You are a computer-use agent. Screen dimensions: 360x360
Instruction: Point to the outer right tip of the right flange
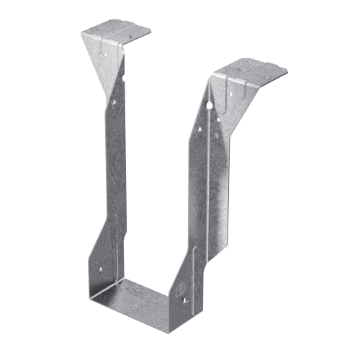click(287, 70)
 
